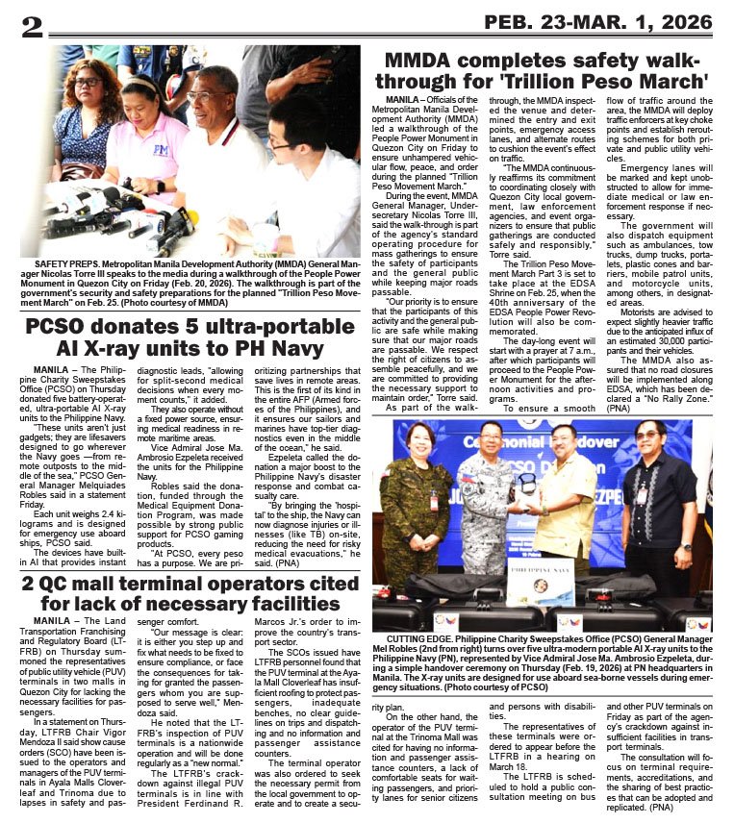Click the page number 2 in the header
click(32, 25)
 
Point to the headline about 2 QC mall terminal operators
click(185, 593)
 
